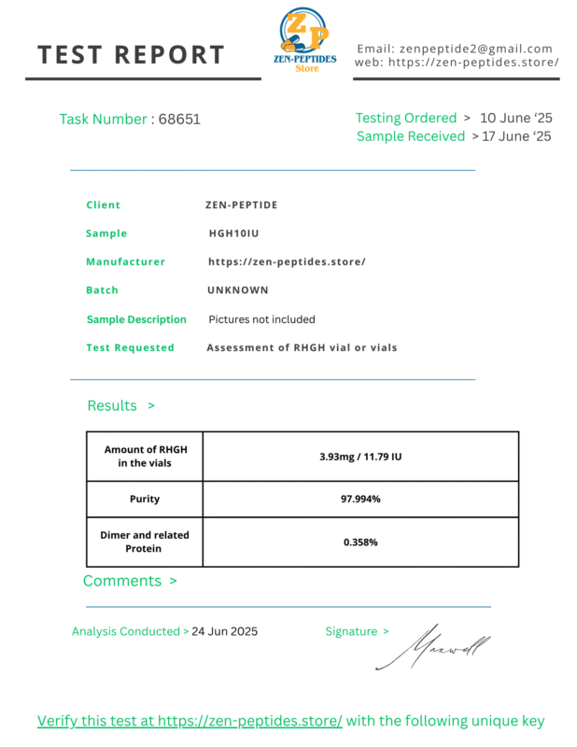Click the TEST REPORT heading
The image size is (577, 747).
point(132,55)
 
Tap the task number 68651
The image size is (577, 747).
point(179,120)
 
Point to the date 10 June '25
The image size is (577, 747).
point(516,119)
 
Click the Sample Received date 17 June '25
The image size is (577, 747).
point(516,136)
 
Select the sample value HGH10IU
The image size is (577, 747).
point(233,233)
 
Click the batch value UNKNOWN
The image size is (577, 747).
point(238,290)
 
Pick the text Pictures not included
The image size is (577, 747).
point(261,319)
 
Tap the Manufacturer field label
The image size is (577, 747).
point(125,262)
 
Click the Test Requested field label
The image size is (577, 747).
point(130,347)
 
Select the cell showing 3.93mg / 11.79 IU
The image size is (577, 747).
point(360,457)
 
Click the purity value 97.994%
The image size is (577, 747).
point(360,499)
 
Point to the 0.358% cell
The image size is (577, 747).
point(360,542)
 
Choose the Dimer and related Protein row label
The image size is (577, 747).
point(145,542)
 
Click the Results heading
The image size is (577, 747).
point(112,405)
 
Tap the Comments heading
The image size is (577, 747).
point(122,581)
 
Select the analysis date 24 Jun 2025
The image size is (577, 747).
point(224,631)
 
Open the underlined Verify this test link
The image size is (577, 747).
point(190,721)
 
